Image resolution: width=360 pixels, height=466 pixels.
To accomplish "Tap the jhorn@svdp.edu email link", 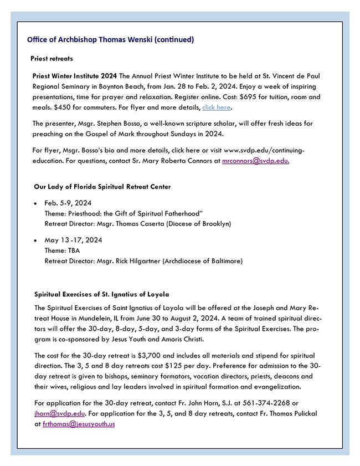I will coord(59,414).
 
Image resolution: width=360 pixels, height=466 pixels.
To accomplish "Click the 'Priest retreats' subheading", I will coord(52,58).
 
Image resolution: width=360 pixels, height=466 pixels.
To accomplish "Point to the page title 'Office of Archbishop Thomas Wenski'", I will coord(110,40).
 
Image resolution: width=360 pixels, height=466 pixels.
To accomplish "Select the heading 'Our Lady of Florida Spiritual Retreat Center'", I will coord(102,187).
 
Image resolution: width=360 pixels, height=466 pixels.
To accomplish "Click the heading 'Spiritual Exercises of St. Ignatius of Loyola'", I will coord(102,294).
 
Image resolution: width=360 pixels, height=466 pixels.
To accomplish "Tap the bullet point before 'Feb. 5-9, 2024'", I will coord(36,203).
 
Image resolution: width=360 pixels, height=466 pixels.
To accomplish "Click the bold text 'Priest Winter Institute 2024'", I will coord(74,75).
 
